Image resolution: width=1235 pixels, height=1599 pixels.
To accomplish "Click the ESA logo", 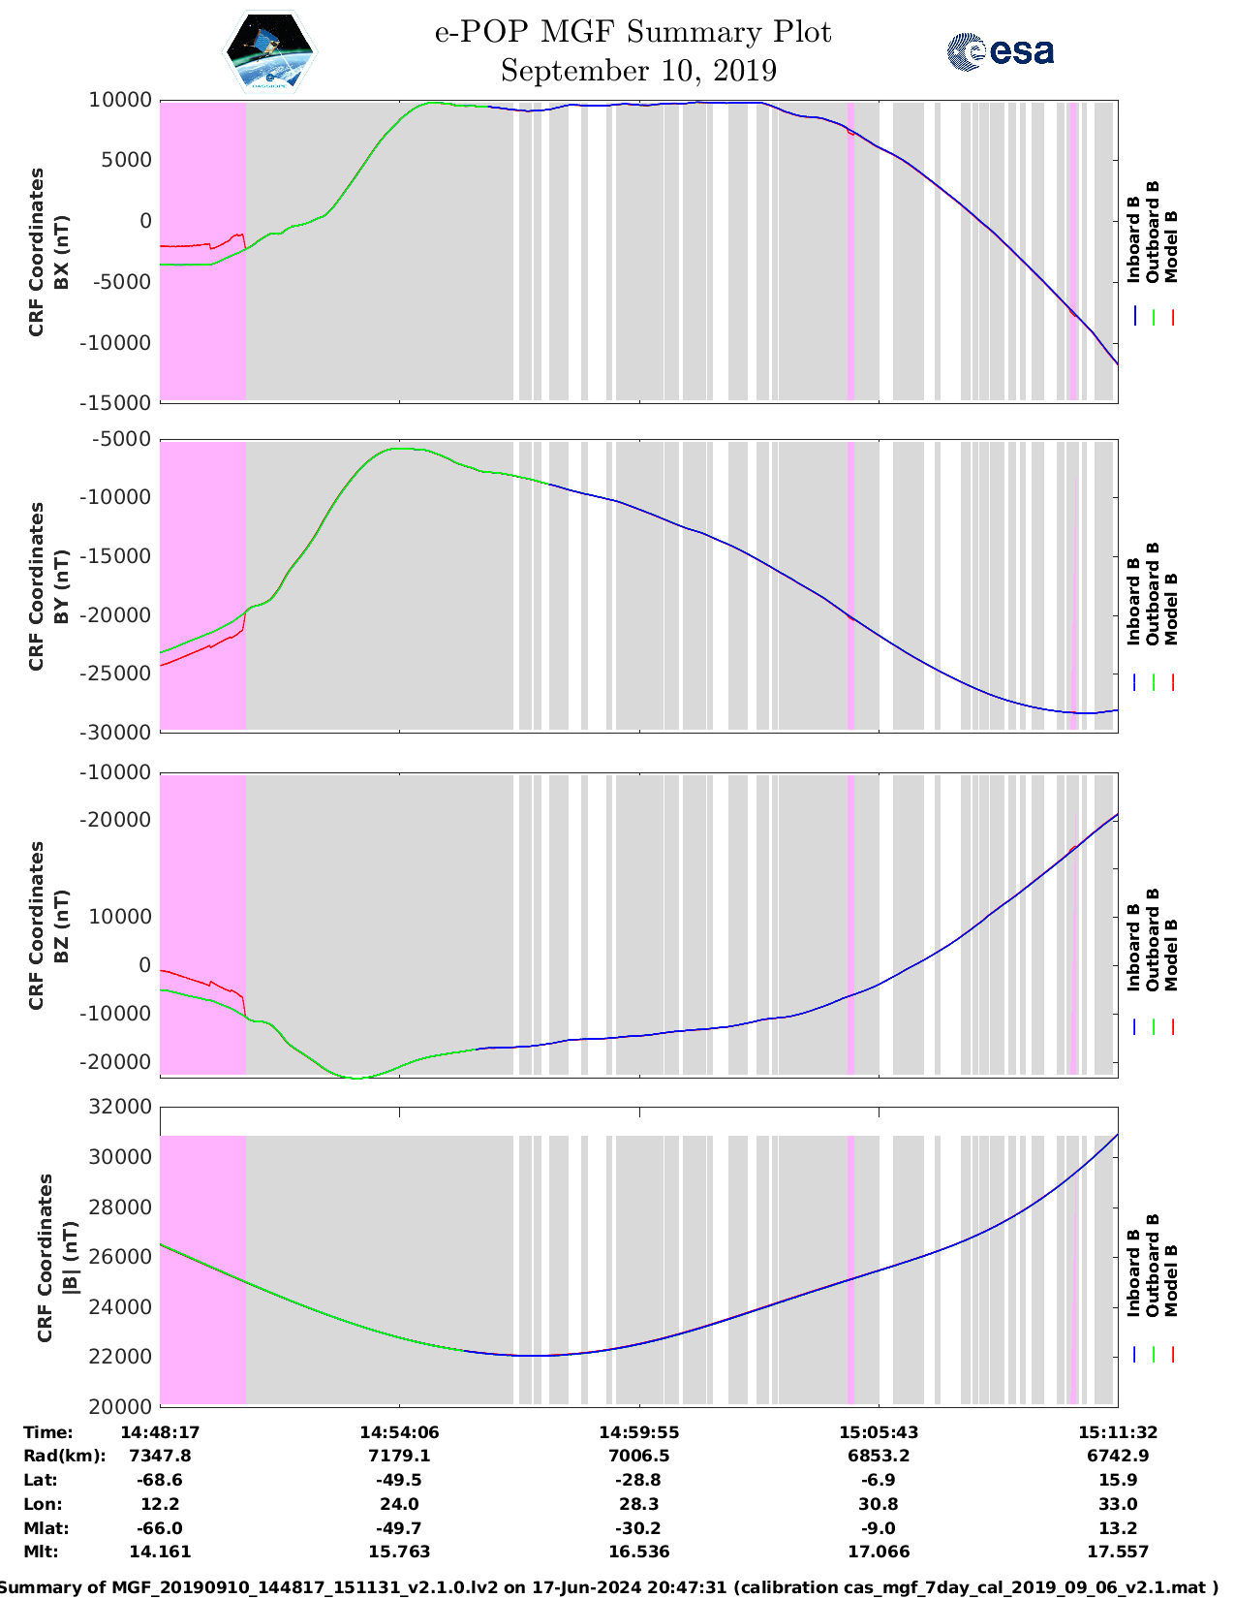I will tap(1001, 51).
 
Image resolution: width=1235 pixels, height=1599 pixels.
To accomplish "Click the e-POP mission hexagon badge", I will tap(269, 51).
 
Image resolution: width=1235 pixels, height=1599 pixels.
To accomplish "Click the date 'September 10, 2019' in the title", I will tap(638, 71).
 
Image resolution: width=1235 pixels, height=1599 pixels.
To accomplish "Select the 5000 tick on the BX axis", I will tap(126, 161).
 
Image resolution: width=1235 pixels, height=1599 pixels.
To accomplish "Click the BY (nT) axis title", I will tap(60, 585).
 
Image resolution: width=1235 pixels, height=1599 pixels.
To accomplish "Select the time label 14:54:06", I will tap(399, 1432).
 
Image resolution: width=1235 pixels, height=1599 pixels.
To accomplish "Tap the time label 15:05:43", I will tap(879, 1432).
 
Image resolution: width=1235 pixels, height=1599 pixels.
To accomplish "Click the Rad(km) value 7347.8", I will tap(160, 1456).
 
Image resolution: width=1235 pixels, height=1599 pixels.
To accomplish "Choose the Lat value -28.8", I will tap(639, 1480).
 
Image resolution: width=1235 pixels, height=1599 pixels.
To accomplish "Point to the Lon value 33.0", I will tap(1118, 1504).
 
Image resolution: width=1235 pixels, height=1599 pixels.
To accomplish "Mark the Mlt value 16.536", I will tap(639, 1552).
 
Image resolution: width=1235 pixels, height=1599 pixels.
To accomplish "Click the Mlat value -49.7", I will tap(399, 1528).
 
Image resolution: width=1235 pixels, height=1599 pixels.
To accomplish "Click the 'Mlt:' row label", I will tap(41, 1552).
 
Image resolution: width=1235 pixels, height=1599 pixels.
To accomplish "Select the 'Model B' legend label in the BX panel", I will tap(1171, 246).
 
